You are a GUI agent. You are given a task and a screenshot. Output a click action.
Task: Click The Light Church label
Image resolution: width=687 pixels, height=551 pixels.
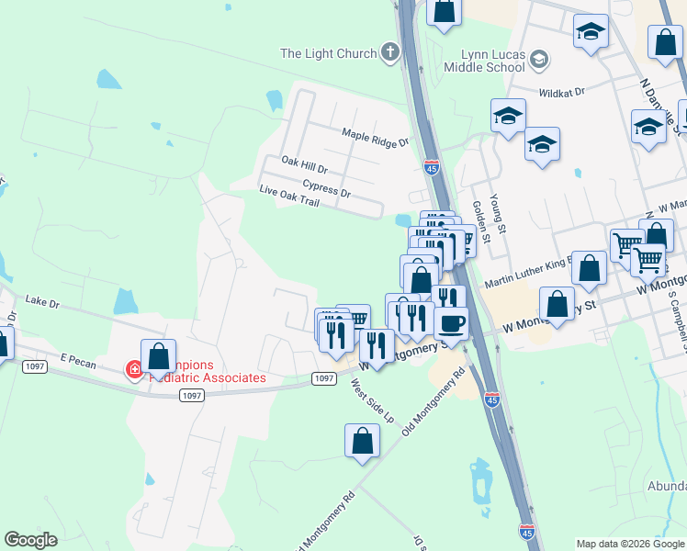point(328,53)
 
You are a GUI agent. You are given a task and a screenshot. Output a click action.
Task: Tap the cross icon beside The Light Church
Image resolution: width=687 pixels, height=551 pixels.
point(389,52)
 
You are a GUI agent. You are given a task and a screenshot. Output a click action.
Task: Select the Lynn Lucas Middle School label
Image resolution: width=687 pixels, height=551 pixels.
point(484,61)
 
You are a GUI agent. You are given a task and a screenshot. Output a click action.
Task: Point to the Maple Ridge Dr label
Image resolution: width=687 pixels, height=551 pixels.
point(375,137)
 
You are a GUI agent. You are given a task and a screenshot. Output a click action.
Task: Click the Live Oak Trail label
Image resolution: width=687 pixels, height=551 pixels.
point(288,196)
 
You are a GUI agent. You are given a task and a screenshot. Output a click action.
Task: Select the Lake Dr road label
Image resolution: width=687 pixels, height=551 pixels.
point(42,300)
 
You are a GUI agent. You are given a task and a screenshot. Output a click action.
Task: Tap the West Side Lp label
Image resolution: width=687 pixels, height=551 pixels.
point(373,402)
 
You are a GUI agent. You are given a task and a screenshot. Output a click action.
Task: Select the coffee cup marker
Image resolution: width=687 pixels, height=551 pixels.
point(451,323)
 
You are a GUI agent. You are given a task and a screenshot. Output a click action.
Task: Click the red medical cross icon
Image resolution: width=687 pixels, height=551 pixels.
point(134,370)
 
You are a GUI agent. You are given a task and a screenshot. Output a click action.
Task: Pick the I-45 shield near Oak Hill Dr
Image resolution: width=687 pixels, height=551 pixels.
point(432,167)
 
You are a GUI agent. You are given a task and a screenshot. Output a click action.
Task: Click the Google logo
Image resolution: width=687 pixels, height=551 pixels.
point(30,540)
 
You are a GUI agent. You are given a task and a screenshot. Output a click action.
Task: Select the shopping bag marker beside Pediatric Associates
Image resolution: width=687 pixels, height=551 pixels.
point(158,357)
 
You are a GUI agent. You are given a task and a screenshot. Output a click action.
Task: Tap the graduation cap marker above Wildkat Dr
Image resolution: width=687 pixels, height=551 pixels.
point(591,32)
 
